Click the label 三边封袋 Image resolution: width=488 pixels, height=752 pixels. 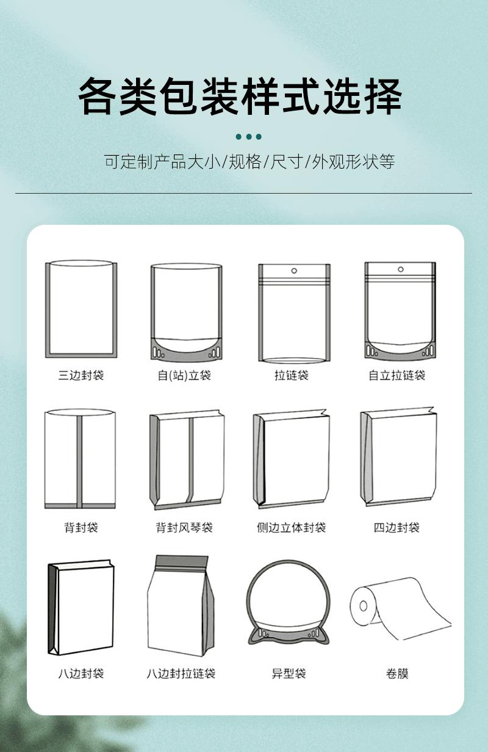[81, 375]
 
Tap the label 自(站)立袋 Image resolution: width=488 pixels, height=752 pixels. [184, 375]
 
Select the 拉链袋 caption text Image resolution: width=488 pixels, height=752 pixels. [291, 375]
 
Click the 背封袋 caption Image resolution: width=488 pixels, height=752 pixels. [81, 527]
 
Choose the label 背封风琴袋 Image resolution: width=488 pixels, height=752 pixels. [184, 527]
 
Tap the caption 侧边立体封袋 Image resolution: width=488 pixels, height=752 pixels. [291, 527]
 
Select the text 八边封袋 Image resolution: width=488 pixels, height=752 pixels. [81, 674]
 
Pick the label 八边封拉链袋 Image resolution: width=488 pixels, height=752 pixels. [181, 674]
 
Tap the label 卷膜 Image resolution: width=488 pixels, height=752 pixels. [397, 674]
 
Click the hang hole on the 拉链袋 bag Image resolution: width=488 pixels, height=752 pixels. [294, 271]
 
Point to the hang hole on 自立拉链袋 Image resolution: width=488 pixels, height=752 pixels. [401, 269]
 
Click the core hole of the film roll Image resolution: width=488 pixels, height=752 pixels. [364, 605]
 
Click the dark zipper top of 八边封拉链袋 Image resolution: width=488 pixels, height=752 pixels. [181, 563]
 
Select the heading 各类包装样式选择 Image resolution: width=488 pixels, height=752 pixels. [240, 97]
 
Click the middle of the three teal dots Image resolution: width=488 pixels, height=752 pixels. [248, 137]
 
